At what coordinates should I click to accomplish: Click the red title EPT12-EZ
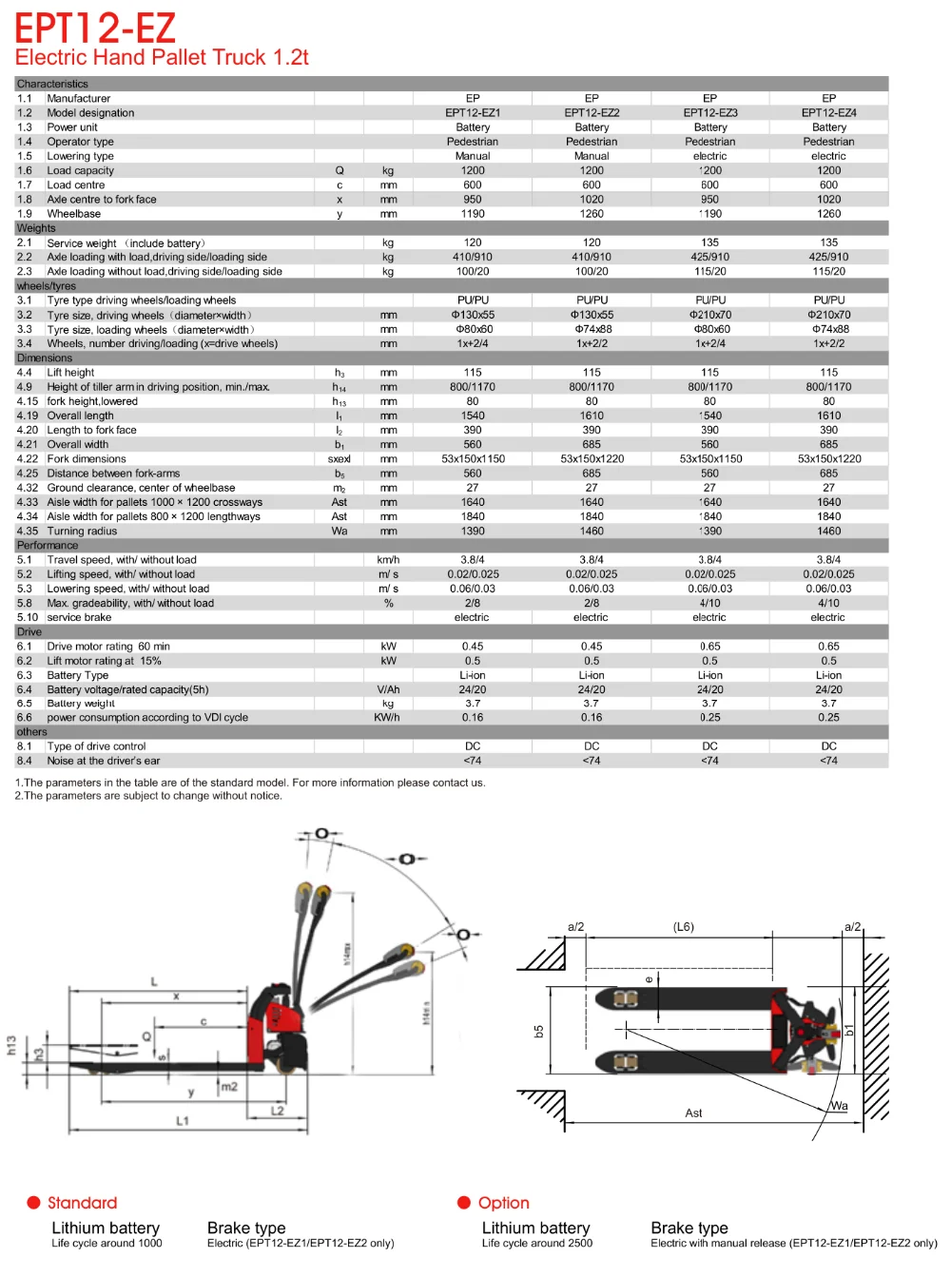95,28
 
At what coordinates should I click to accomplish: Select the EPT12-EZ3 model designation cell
709,113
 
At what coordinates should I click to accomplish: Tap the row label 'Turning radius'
82,532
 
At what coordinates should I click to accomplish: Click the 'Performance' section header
47,546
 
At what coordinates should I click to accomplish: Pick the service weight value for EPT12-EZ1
473,243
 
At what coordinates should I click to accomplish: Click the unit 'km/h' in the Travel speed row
388,560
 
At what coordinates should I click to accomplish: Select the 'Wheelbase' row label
73,214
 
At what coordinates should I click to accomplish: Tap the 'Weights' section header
36,228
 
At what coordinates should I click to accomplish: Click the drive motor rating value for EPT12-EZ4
828,647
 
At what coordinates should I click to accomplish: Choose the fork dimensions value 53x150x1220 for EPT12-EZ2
592,459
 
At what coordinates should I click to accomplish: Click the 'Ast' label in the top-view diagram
693,1113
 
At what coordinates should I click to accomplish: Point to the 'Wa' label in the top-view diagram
839,1106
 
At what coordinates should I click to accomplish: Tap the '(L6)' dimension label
683,927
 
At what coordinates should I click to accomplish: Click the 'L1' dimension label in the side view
183,1121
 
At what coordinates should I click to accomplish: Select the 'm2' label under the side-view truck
229,1087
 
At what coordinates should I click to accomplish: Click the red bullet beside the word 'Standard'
34,1203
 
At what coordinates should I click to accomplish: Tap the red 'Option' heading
503,1203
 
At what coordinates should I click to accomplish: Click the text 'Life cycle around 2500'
536,1244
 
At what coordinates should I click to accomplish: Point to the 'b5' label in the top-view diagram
538,1032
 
